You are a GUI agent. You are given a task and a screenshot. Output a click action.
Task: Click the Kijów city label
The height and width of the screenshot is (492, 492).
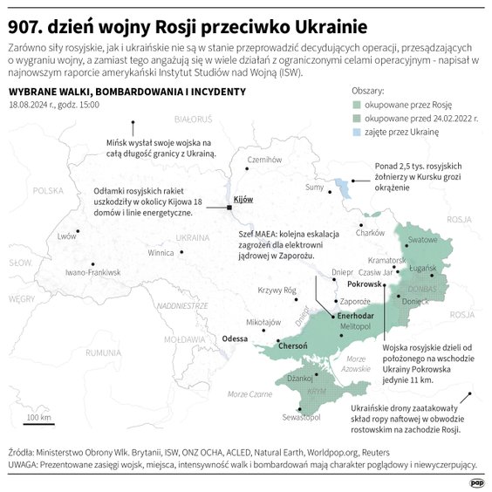(243, 200)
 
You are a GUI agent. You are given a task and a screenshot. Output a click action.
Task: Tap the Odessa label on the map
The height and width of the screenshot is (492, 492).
(236, 338)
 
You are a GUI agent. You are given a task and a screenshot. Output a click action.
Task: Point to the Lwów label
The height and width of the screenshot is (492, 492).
(66, 236)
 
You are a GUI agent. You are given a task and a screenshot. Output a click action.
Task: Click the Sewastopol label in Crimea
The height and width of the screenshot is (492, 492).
(302, 418)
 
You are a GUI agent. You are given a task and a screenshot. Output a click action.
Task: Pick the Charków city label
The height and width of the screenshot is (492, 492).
(371, 233)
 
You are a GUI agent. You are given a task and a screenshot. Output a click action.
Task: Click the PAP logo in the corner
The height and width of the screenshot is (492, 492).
(476, 481)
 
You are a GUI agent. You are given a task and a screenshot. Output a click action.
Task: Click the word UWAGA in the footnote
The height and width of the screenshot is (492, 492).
(26, 465)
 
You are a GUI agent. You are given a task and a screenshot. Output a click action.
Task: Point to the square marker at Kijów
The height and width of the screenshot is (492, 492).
(229, 208)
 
